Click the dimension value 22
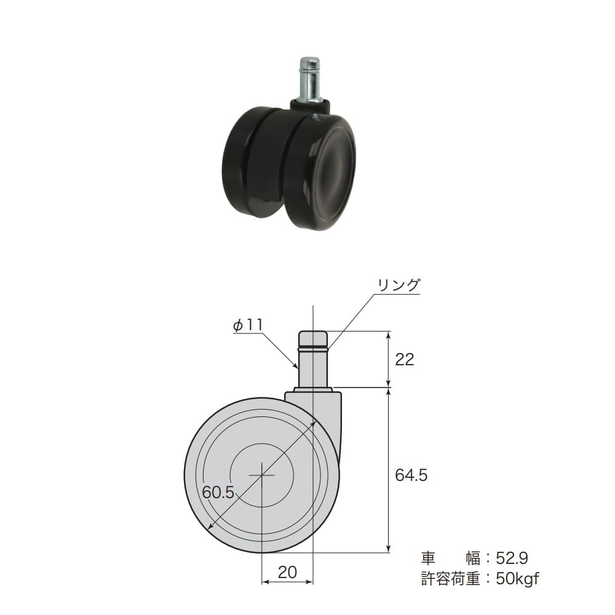405,359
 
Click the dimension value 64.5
411,475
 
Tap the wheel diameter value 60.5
218,492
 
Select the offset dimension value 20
287,572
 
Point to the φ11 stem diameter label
248,325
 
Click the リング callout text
399,285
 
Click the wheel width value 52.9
512,558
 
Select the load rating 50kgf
517,579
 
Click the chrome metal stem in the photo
310,81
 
